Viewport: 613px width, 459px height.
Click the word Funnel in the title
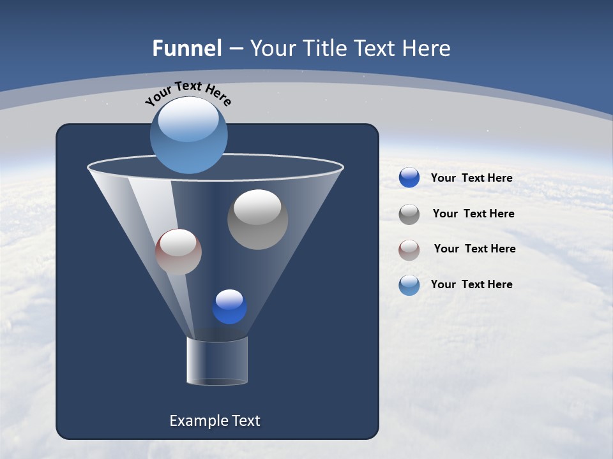click(187, 48)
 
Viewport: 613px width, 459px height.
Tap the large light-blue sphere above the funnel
click(189, 135)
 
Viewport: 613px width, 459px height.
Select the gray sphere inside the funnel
click(257, 220)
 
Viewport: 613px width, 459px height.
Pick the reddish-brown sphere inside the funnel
click(178, 252)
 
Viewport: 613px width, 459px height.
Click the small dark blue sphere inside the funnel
click(229, 307)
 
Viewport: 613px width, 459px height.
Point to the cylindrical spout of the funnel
click(217, 361)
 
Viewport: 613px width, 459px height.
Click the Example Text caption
click(215, 421)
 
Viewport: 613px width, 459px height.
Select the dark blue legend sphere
click(409, 178)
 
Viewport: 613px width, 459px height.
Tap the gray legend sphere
click(409, 214)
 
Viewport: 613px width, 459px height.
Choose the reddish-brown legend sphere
click(409, 250)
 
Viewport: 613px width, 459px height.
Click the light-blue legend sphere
click(409, 285)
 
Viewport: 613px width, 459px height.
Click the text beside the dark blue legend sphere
click(471, 178)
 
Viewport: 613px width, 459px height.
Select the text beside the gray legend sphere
click(473, 214)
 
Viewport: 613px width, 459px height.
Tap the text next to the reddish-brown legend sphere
click(474, 249)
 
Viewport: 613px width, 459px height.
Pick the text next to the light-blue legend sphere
click(471, 284)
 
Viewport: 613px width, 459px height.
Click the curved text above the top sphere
click(188, 92)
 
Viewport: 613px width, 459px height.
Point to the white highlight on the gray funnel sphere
click(257, 207)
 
